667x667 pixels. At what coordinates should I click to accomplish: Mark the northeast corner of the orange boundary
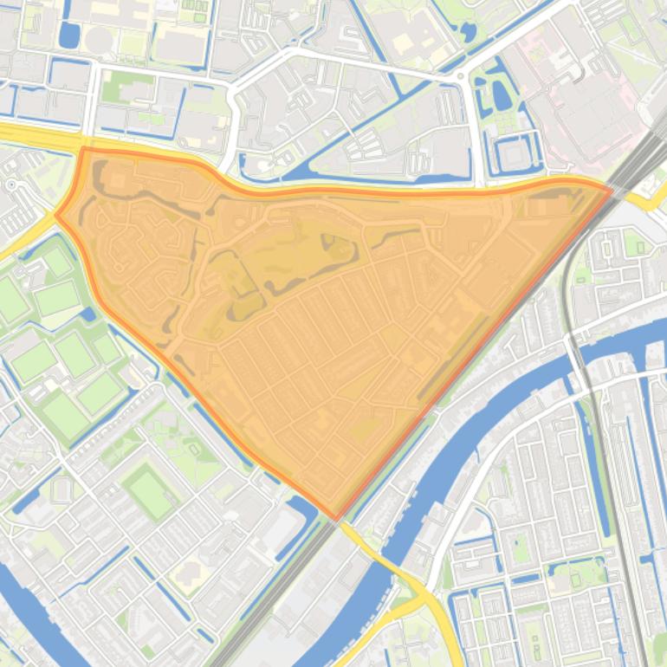612,188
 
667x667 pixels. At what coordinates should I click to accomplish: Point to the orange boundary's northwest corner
84,149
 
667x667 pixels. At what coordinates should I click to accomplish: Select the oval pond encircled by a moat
501,94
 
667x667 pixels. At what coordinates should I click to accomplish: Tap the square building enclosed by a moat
514,154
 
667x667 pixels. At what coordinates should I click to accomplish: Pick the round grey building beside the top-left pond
98,40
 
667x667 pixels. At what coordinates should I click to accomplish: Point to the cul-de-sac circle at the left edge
11,185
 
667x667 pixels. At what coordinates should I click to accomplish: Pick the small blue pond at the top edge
468,33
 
